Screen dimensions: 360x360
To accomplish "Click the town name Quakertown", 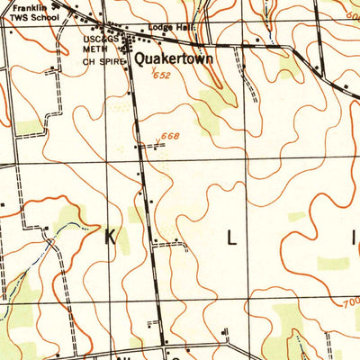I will pos(173,59).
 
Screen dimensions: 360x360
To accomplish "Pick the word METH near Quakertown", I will pos(95,50).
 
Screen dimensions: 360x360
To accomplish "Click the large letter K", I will pos(111,238).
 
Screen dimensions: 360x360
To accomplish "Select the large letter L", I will pos(231,238).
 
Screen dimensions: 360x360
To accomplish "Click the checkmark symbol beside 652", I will pos(154,71).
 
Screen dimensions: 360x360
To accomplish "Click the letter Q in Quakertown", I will pos(141,58).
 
